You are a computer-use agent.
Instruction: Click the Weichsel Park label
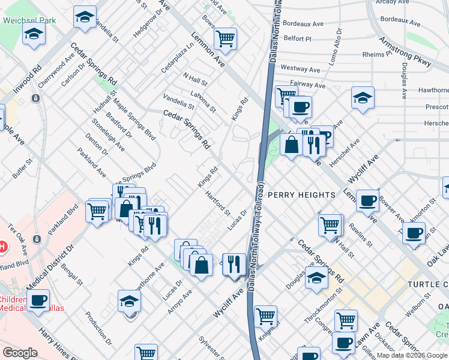[x=29, y=20]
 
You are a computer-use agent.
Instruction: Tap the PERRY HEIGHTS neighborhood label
[x=301, y=195]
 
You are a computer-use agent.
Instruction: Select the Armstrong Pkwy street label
[x=405, y=52]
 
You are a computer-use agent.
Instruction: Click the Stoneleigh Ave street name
[x=109, y=136]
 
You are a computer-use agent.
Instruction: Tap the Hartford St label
[x=217, y=203]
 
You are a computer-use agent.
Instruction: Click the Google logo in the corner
[x=20, y=353]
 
